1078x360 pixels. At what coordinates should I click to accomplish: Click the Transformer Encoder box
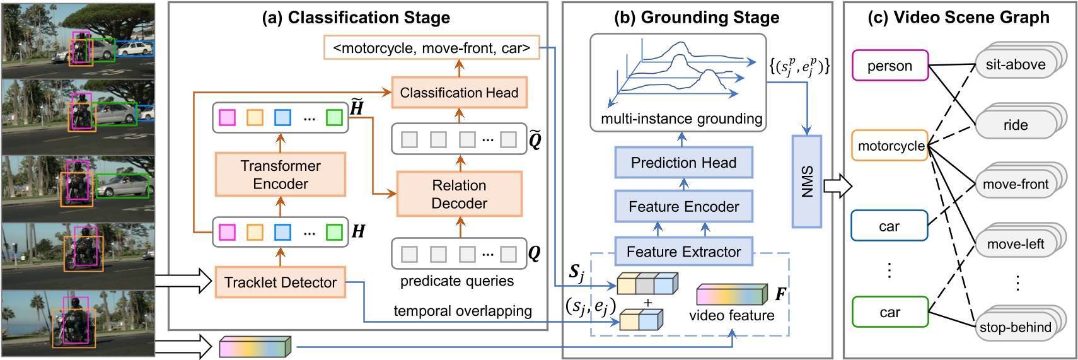point(281,175)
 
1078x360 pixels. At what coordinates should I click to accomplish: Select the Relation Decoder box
point(459,194)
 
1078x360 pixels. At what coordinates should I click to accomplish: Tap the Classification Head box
point(459,93)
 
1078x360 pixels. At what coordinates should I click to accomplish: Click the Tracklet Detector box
point(280,282)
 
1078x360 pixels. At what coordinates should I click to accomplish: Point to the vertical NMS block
point(807,182)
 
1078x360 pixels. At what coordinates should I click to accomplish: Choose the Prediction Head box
point(683,163)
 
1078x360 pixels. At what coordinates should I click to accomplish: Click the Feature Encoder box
point(683,206)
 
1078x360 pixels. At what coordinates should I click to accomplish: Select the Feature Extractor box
point(683,252)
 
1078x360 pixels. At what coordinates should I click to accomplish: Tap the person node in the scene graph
point(890,66)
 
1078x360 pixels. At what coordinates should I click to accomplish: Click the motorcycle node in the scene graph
point(890,146)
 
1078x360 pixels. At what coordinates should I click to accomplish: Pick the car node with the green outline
point(890,312)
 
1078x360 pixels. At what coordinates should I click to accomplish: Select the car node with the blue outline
point(889,226)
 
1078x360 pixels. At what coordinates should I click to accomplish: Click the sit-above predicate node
point(1015,64)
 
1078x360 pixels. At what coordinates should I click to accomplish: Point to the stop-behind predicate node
point(1015,327)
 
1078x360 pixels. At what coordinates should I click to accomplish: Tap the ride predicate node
point(1015,125)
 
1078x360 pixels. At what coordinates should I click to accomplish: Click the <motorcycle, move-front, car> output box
point(431,48)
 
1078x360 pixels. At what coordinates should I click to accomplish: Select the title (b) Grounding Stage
point(697,18)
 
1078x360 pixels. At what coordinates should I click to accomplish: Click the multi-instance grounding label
point(681,119)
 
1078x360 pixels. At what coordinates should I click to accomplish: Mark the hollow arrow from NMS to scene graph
point(837,186)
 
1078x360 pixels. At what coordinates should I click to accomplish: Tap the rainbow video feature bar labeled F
point(732,295)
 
